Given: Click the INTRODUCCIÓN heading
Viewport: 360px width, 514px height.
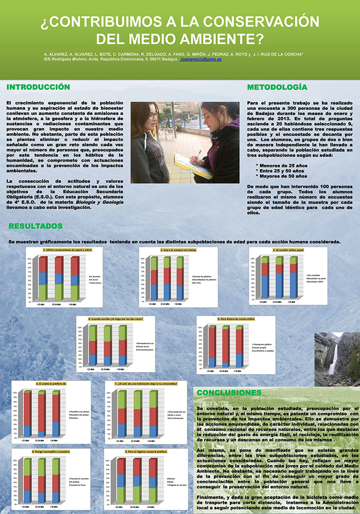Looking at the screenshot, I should click(x=38, y=87).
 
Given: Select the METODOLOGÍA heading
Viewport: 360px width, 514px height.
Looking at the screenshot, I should click(x=277, y=87).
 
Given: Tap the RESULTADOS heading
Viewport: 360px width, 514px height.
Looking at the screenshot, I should click(x=36, y=226).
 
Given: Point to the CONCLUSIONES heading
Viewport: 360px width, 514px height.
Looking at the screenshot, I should click(x=229, y=392).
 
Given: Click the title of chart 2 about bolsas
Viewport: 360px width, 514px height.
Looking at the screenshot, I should click(x=178, y=250).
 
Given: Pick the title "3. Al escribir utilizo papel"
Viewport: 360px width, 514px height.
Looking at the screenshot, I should click(x=287, y=250).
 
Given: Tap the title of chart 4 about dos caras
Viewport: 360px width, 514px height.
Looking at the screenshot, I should click(x=115, y=319).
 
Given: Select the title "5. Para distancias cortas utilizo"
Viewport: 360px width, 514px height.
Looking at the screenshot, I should click(x=236, y=319).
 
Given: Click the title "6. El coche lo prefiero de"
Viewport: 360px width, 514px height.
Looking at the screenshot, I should click(x=51, y=384).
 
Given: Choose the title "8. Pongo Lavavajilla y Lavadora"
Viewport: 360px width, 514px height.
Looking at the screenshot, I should click(x=51, y=452).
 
